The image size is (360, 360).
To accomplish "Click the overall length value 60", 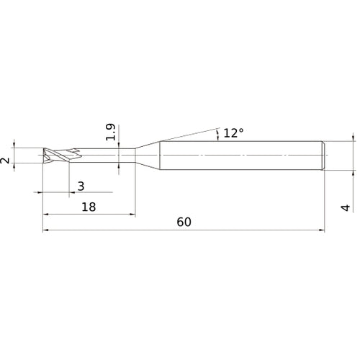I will coord(183,222).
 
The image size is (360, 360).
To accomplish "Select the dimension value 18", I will coord(88,206).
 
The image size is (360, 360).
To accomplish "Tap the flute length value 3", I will coord(81,186).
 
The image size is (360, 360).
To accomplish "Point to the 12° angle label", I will coord(233,133).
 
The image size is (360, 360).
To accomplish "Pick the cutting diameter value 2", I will coord(6,160).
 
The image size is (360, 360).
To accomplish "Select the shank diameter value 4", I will coord(346,207).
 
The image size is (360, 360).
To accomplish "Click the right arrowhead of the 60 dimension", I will coord(321,231).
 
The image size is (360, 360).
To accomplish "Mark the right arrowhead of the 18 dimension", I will coord(132,215).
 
